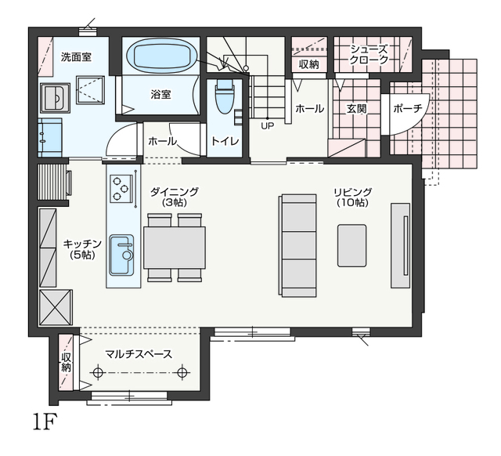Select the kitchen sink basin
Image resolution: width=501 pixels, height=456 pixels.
[121, 255]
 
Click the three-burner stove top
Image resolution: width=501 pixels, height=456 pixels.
[121, 188]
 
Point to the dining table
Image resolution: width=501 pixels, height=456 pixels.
[175, 248]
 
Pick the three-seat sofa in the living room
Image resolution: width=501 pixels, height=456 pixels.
[297, 245]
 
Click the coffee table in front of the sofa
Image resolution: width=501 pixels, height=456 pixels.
[351, 245]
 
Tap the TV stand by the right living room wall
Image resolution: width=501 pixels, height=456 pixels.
[400, 245]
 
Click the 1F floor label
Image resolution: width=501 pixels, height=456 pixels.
[45, 422]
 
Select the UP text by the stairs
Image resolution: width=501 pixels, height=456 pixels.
[268, 126]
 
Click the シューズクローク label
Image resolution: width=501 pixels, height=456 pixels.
[369, 55]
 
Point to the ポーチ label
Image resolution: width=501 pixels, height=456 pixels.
[408, 109]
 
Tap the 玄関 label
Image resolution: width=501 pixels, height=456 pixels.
[357, 109]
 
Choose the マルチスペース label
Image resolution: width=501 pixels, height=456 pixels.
[139, 354]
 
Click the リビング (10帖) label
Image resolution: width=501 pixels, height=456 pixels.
[353, 197]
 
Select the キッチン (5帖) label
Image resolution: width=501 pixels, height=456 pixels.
[82, 249]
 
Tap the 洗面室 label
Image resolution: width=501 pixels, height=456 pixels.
[76, 57]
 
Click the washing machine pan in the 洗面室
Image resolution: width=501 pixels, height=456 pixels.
[91, 90]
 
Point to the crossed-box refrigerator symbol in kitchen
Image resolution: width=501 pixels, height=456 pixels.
[56, 308]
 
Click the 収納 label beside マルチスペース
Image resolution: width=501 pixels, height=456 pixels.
[66, 362]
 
